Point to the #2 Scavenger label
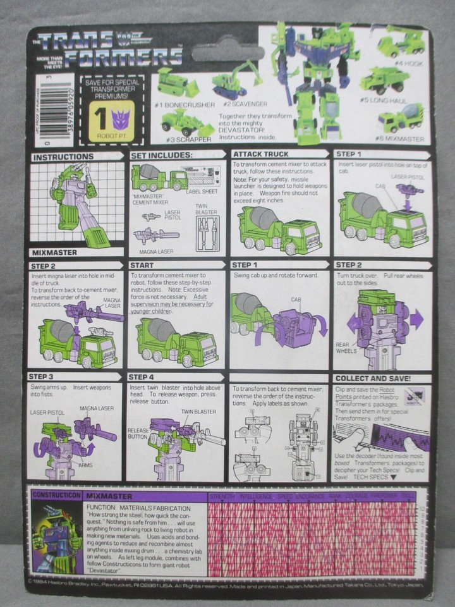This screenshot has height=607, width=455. pyautogui.click(x=233, y=103)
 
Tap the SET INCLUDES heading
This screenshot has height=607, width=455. pyautogui.click(x=161, y=155)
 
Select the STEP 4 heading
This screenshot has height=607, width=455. pyautogui.click(x=142, y=377)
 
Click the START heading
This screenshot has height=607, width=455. pyautogui.click(x=143, y=266)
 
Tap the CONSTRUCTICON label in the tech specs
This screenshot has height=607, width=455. pyautogui.click(x=54, y=491)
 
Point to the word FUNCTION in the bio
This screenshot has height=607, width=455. pyautogui.click(x=105, y=508)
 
